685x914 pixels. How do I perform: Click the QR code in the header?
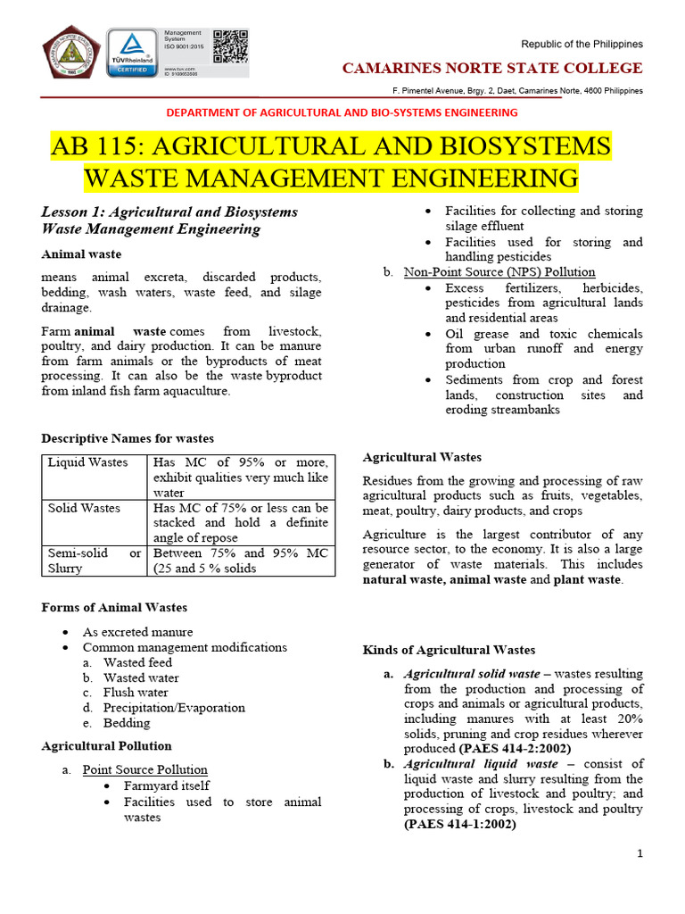click(229, 46)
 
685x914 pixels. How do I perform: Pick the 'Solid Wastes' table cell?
click(84, 508)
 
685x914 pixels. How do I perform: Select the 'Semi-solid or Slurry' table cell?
click(94, 561)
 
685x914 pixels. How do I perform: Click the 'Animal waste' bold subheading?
click(82, 254)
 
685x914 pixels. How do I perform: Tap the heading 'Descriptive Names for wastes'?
click(128, 438)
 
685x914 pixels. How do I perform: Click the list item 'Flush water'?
click(136, 693)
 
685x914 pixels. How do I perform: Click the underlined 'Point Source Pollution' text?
click(145, 769)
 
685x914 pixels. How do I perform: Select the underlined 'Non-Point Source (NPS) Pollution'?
click(499, 271)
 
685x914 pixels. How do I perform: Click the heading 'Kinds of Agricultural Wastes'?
click(449, 650)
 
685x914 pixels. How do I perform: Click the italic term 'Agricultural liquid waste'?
click(481, 764)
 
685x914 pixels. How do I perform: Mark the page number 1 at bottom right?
click(640, 854)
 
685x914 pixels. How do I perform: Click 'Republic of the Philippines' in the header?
click(582, 45)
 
